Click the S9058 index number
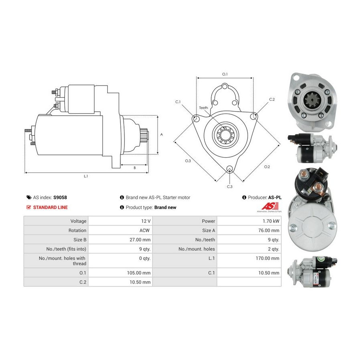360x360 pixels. coord(60,198)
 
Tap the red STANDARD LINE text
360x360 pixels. coord(50,207)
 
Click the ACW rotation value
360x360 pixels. coord(144,230)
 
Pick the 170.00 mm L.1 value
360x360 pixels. coord(268,258)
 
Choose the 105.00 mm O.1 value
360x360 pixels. coord(139,273)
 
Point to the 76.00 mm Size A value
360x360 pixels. coord(269,230)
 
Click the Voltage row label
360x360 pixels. coord(78,221)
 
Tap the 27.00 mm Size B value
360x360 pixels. coord(140,240)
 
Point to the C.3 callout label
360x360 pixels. coord(230,187)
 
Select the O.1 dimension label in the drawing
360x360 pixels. coord(225,74)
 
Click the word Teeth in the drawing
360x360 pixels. coord(204,108)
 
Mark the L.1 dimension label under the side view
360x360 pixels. coord(86,176)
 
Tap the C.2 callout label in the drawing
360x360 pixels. coord(272,100)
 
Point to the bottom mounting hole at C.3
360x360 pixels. coord(229,169)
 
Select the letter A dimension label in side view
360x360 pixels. coord(162,134)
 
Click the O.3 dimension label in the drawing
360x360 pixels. coord(188,161)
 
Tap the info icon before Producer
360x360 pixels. coord(244,198)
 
